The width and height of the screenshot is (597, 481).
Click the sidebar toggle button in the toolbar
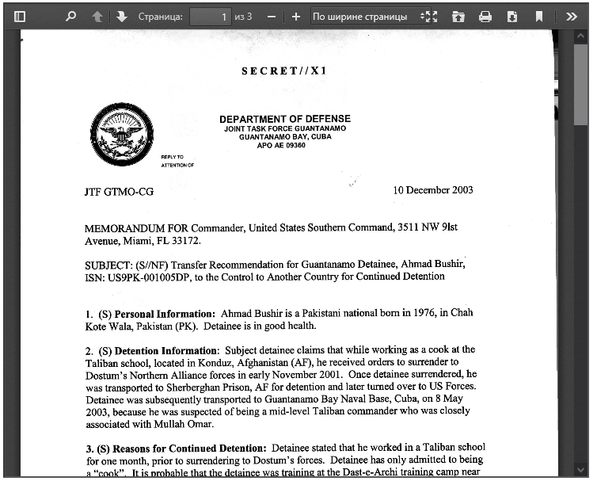(20, 16)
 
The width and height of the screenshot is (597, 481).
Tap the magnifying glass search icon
(70, 16)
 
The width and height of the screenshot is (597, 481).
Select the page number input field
(210, 16)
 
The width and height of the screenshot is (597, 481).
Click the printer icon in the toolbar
(485, 16)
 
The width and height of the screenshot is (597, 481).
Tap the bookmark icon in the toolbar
(539, 16)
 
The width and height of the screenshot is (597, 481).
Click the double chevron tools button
(571, 16)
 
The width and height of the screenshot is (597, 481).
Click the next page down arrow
(121, 16)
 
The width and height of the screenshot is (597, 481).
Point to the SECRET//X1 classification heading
(284, 71)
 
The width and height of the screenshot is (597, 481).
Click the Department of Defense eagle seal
(122, 135)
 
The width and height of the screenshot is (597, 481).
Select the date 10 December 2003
(433, 190)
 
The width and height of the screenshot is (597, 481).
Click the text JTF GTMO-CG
(119, 193)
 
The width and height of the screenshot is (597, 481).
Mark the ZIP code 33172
(184, 241)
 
